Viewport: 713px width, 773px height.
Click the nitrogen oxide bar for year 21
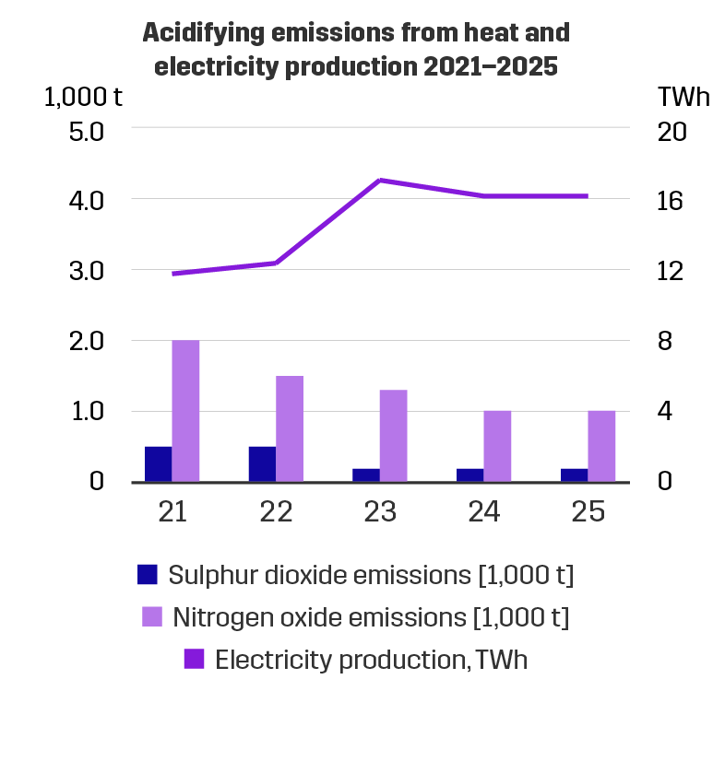tap(185, 411)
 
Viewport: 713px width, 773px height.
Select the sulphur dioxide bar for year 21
tap(158, 463)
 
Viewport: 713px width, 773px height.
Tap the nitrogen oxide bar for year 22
tap(290, 428)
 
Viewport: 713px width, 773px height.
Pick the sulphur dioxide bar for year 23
tap(365, 474)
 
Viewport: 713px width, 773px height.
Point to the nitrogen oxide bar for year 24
tap(497, 446)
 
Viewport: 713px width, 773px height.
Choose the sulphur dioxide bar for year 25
tap(573, 474)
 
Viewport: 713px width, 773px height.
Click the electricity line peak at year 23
tap(380, 181)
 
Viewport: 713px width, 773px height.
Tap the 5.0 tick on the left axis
tap(88, 130)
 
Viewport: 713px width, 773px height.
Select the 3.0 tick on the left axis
tap(88, 271)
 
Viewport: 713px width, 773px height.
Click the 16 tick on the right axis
tap(671, 200)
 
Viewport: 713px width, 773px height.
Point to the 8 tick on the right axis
tap(671, 341)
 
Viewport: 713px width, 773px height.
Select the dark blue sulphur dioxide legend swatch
tap(148, 575)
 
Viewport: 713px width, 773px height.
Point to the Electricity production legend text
tap(371, 660)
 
